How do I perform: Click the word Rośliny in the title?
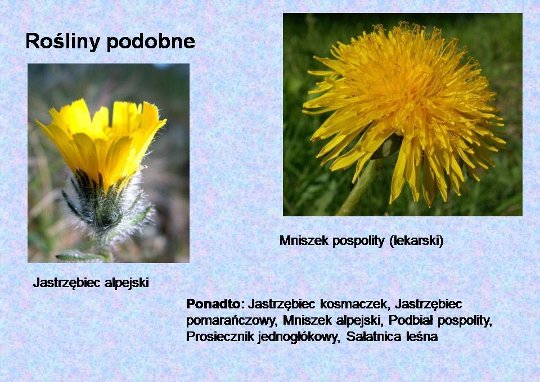(63, 41)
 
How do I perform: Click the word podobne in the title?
(151, 42)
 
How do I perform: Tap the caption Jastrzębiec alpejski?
(91, 283)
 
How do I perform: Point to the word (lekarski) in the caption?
(417, 240)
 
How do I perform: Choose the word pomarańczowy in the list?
(231, 320)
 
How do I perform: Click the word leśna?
(422, 336)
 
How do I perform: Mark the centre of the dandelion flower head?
(410, 99)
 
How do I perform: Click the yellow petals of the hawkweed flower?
(102, 138)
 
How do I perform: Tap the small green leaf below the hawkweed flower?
(79, 256)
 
